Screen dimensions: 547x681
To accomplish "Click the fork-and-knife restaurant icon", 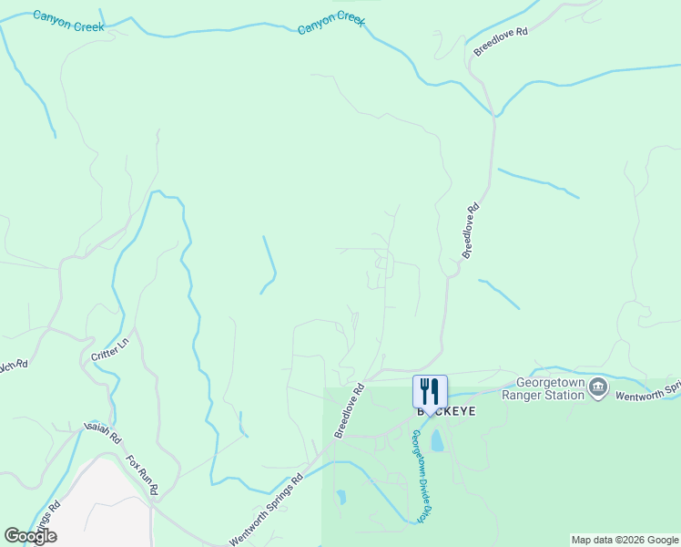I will click(x=430, y=392).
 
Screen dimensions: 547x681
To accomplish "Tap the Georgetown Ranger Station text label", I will click(x=550, y=389).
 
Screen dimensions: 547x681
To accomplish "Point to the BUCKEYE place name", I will click(x=445, y=411).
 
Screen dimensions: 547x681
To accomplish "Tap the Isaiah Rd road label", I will click(x=102, y=432).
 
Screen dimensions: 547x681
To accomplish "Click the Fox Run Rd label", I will click(x=142, y=474).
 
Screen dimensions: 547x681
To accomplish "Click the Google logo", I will click(x=30, y=536).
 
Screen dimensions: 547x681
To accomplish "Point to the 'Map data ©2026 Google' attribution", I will click(x=625, y=540).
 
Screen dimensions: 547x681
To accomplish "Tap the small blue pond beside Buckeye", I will click(x=437, y=442).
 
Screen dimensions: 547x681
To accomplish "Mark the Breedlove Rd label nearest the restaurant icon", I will click(x=349, y=410).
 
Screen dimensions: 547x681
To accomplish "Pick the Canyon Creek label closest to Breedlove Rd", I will click(x=331, y=23).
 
